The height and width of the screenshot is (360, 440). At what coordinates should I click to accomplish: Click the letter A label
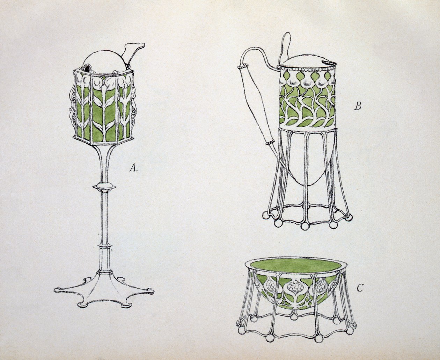[133, 167]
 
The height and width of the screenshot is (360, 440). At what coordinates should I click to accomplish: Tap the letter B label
[357, 107]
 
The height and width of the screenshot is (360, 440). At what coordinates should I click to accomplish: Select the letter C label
[360, 288]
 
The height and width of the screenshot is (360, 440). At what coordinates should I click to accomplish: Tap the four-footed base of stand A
[104, 291]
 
